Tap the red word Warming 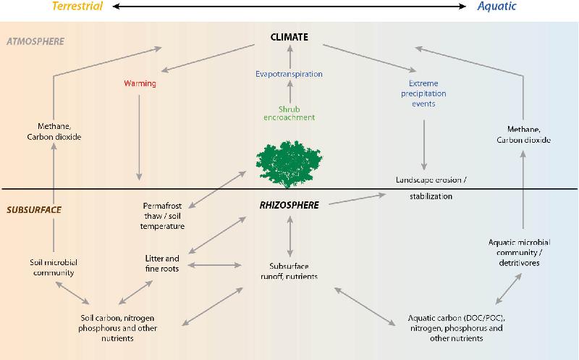(140, 83)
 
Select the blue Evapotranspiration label (289, 74)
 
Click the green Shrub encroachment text (289, 112)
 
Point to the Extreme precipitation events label (424, 93)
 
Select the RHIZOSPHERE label (289, 205)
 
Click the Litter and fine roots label (162, 263)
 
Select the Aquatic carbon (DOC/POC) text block (457, 327)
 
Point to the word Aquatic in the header (496, 7)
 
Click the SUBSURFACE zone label (33, 209)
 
